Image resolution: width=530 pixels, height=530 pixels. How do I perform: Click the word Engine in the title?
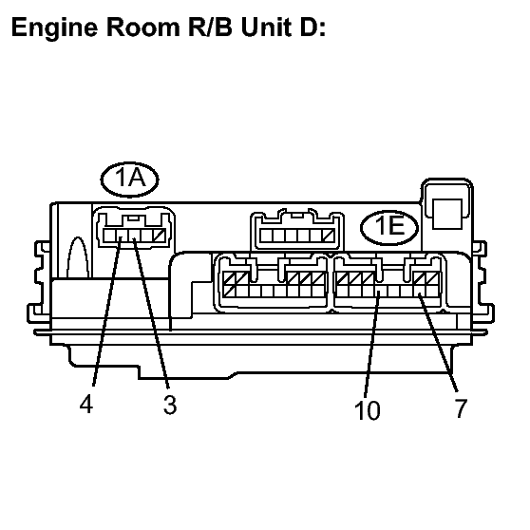(55, 28)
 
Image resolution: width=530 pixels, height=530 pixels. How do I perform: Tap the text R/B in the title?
(211, 27)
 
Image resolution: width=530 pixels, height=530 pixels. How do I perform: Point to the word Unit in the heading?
(267, 27)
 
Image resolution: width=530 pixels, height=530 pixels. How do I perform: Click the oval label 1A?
(130, 180)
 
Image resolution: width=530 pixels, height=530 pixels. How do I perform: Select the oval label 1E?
(389, 227)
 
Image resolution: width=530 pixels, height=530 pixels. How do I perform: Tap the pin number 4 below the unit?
(86, 404)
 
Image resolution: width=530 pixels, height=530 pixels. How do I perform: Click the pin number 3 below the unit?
(170, 405)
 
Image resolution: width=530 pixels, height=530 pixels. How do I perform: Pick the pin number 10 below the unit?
(368, 410)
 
